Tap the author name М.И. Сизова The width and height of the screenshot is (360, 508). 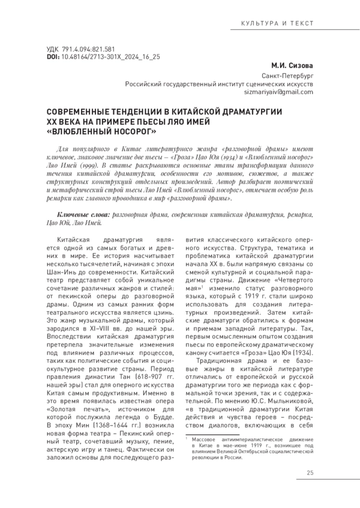point(291,65)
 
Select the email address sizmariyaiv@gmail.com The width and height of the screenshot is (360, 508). point(275,93)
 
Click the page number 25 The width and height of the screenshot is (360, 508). point(310,474)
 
